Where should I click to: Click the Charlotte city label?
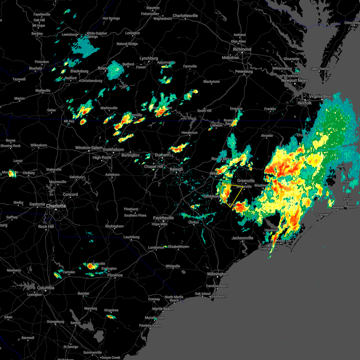click(x=56, y=206)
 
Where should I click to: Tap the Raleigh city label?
click(x=176, y=169)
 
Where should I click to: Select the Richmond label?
click(x=242, y=49)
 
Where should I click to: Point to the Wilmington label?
click(x=217, y=274)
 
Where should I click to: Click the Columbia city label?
click(x=46, y=288)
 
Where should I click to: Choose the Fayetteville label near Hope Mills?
click(x=163, y=218)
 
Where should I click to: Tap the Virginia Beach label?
click(x=321, y=96)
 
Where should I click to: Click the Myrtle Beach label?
click(x=163, y=309)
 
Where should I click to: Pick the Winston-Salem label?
click(x=88, y=148)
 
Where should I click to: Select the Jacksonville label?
click(x=242, y=238)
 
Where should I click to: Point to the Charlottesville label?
click(x=185, y=16)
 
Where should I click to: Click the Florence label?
click(x=115, y=275)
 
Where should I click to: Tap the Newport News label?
click(x=295, y=80)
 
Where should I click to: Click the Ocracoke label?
click(x=322, y=214)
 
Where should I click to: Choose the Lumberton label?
click(x=156, y=247)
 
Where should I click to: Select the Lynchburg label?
click(x=149, y=58)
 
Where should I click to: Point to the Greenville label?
click(x=246, y=181)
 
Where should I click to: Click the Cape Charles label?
click(x=319, y=69)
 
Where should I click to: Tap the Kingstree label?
click(x=111, y=310)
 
